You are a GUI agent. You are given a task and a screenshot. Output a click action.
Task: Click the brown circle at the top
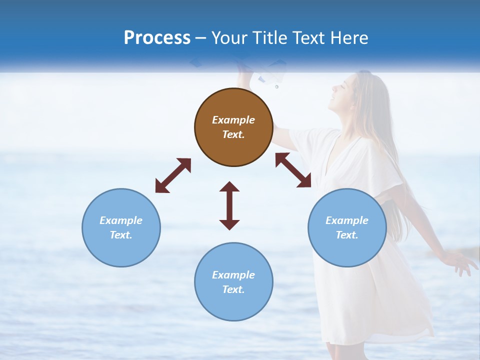point(233,127)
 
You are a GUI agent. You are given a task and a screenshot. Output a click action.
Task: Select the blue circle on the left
point(121,227)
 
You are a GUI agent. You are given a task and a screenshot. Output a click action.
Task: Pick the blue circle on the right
point(347,227)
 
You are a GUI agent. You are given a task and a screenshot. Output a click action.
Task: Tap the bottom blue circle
point(233,281)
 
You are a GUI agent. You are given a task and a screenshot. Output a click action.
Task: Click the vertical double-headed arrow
point(229,205)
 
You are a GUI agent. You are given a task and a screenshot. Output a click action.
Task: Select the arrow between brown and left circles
point(173,175)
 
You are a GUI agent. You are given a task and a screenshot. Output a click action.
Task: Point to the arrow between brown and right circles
point(293,170)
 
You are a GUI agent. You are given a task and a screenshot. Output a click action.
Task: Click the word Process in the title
point(157,37)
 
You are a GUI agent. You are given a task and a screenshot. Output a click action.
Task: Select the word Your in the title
point(228,37)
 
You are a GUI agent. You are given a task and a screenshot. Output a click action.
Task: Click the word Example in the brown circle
point(233,120)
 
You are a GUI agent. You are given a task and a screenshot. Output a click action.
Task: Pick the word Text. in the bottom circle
point(233,289)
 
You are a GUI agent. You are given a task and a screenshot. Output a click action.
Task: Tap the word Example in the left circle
point(121,220)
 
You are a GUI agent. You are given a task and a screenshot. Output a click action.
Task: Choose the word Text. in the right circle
point(347,235)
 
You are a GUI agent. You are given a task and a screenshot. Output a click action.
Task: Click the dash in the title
point(201,38)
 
